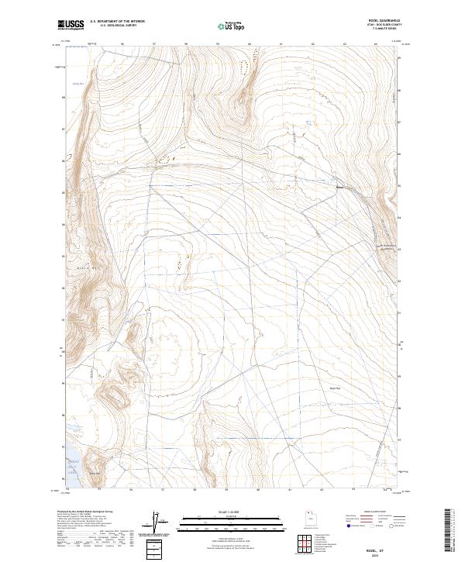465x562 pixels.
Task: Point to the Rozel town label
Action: click(339, 186)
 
